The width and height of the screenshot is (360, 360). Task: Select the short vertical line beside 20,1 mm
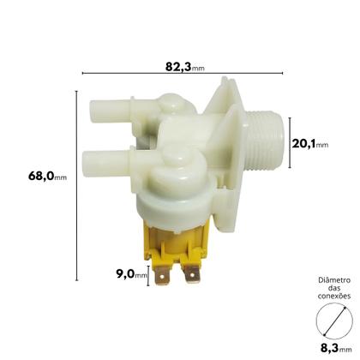(288, 142)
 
